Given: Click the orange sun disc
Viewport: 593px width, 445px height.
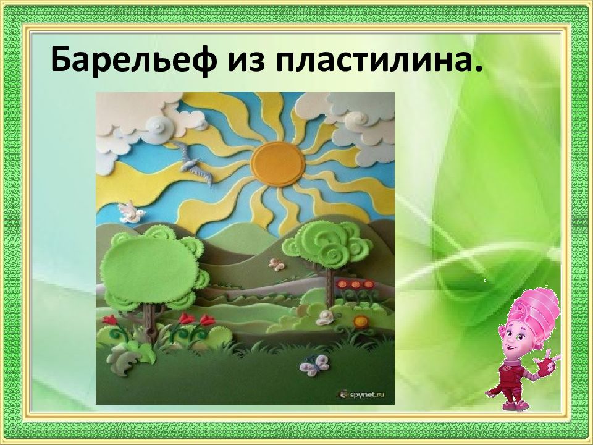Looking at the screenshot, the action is [277, 163].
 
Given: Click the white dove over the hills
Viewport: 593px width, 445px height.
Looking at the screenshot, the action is [131, 213].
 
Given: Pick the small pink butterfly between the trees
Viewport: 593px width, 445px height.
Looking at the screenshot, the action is [277, 264].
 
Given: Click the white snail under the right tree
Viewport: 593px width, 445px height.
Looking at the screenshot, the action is [324, 318].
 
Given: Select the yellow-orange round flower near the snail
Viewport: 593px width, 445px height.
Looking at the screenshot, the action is [361, 321].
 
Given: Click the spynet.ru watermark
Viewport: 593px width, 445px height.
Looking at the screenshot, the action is [362, 395].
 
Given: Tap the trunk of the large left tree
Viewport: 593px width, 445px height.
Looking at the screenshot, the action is [149, 321].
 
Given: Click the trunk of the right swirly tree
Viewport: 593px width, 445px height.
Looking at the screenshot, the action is [330, 287].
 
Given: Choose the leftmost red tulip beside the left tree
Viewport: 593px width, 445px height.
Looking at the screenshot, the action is [110, 320].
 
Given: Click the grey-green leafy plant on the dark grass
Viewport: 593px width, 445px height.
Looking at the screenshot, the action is [122, 360].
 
